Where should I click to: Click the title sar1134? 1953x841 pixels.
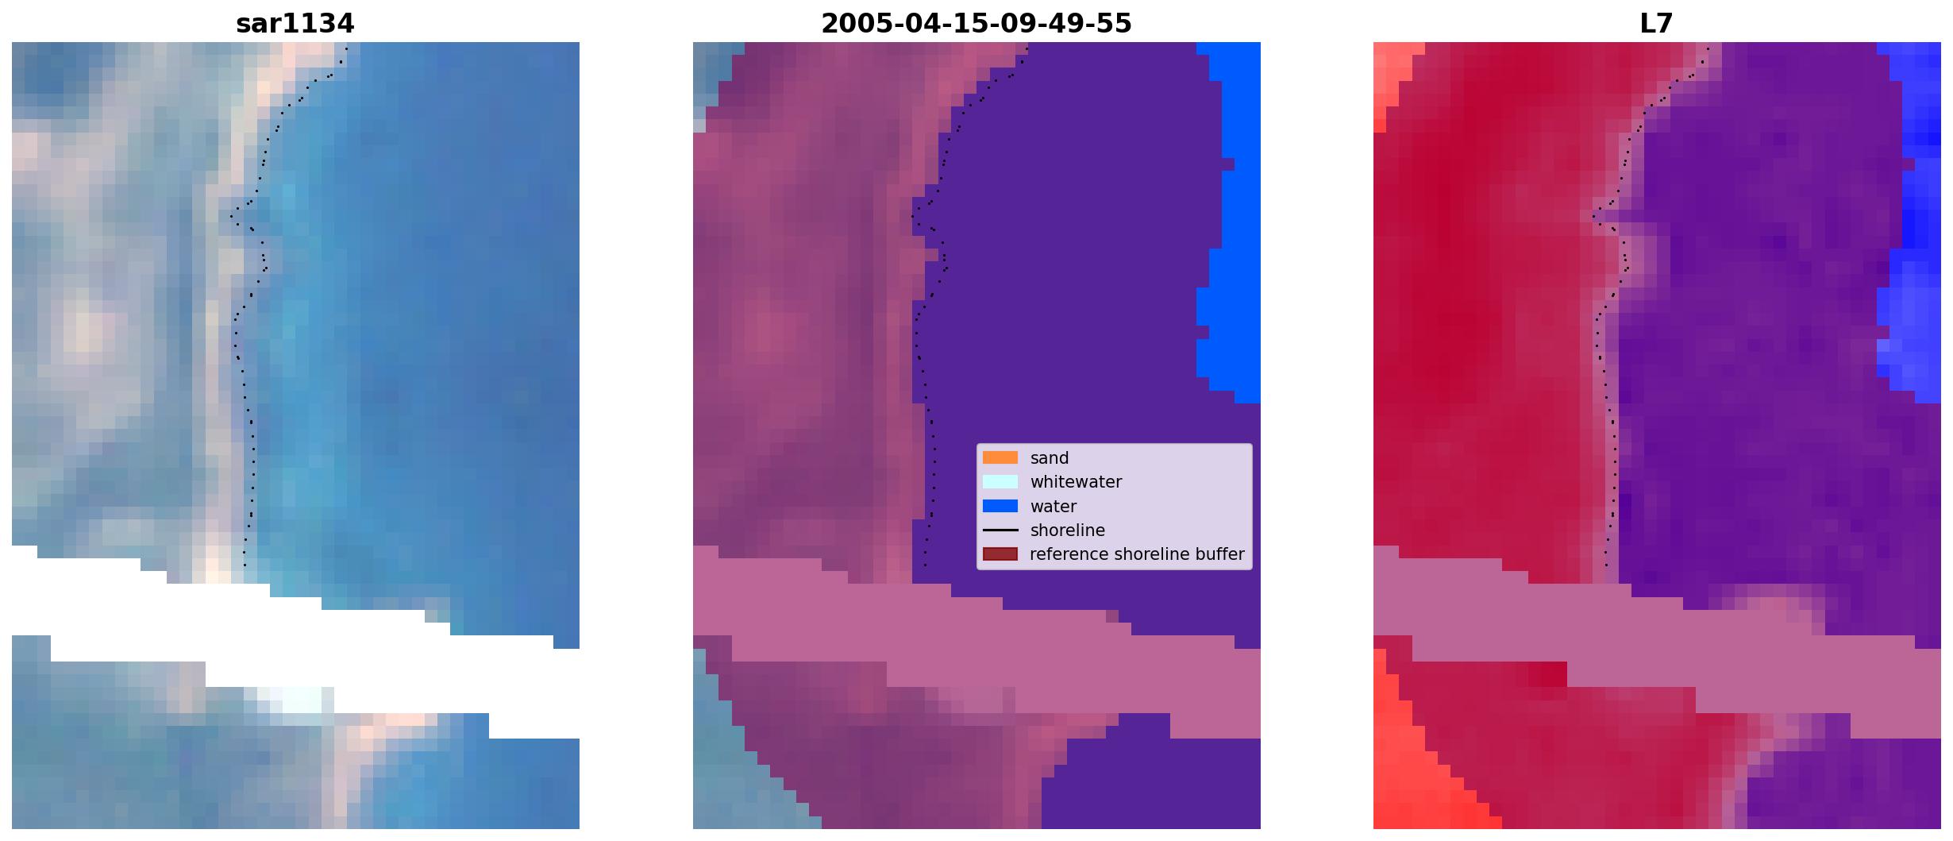295,24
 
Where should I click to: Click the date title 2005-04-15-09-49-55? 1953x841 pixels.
976,24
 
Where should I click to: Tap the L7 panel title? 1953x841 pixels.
1656,24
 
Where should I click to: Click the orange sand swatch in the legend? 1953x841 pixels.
1000,457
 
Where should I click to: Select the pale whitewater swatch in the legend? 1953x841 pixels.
1000,481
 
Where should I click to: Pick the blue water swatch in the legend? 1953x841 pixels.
1000,506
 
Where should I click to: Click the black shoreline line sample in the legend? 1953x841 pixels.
1000,530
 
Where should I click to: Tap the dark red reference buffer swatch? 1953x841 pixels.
1000,554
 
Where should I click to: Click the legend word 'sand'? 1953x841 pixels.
1049,458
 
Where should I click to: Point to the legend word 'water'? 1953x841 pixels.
1053,507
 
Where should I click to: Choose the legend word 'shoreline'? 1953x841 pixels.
1067,530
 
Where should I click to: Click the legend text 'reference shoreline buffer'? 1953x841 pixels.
1137,554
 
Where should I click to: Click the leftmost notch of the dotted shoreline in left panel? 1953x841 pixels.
231,216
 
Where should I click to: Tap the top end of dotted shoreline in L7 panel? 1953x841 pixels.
1708,48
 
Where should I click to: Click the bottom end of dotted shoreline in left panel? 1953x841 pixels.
244,565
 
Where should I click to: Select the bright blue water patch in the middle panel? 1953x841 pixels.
1230,222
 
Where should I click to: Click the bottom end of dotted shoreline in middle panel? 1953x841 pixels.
925,565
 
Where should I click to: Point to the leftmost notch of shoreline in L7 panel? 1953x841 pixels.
1593,216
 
